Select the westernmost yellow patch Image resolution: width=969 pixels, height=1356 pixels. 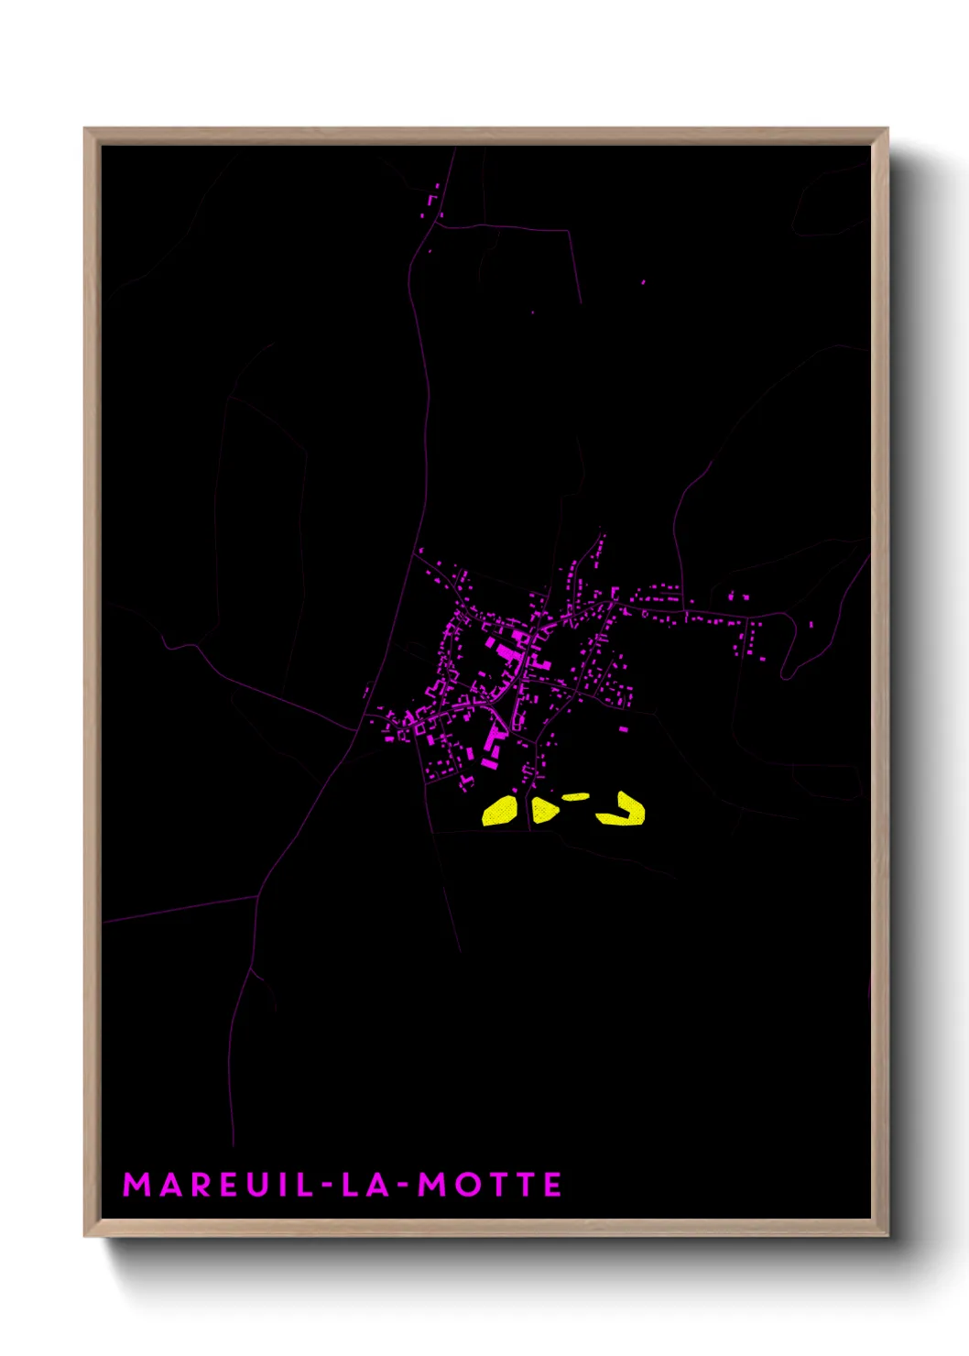point(500,812)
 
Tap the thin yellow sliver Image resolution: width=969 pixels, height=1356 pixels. point(575,797)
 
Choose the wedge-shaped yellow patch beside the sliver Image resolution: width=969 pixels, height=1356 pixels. point(544,810)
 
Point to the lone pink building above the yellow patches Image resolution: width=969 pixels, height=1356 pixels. point(624,729)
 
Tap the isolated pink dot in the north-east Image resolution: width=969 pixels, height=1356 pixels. point(643,282)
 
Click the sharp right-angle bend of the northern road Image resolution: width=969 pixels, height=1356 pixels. point(570,232)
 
